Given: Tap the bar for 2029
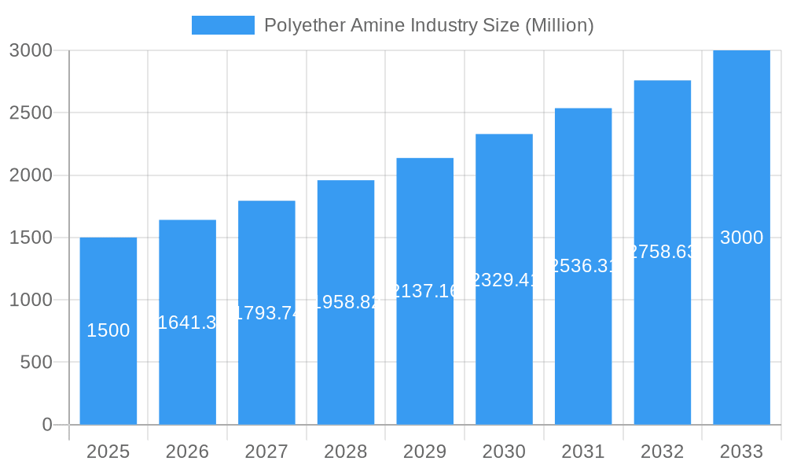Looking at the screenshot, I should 424,362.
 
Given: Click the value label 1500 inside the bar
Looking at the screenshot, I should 108,331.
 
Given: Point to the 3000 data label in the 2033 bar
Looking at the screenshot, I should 741,238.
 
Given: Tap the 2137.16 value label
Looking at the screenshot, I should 424,291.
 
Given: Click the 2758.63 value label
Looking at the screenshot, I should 663,252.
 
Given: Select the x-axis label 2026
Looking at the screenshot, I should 187,452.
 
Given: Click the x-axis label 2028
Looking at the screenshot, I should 346,452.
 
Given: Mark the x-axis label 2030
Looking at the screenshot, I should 504,452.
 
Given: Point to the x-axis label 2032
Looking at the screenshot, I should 663,452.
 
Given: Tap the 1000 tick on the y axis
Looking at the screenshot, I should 31,300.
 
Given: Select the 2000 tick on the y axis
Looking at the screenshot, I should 31,175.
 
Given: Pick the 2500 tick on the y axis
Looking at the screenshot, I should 31,112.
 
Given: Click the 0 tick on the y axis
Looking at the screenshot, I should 46,425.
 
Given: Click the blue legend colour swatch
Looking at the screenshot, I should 223,25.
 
